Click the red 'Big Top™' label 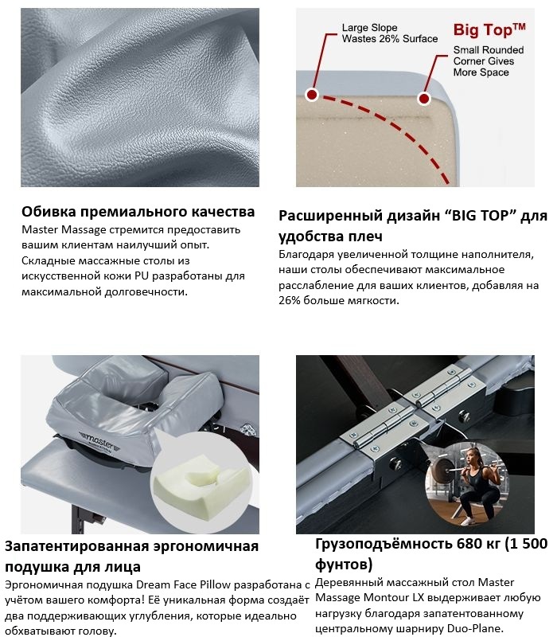[x=489, y=29]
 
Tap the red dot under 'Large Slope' [x=312, y=95]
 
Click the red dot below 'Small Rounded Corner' [x=424, y=98]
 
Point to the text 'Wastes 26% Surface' [x=390, y=39]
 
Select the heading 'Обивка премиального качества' [x=138, y=211]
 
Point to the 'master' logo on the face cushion [x=99, y=442]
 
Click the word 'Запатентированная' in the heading [x=77, y=547]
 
